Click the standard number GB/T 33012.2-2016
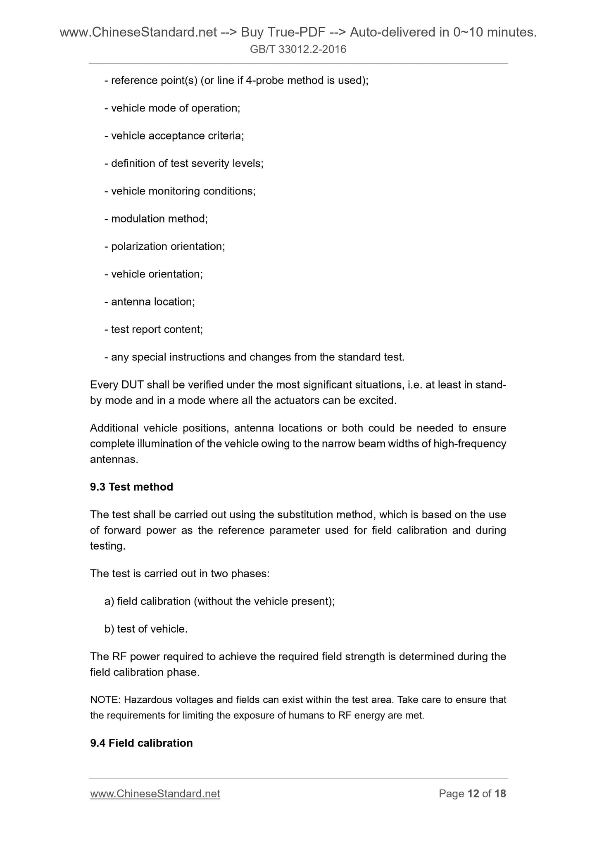tap(298, 50)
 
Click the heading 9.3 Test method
tap(131, 487)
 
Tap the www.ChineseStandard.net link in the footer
tap(155, 794)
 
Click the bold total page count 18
tap(500, 794)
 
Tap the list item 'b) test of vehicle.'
tap(146, 629)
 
